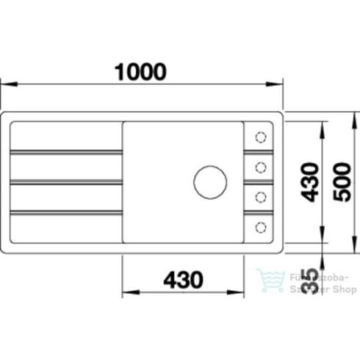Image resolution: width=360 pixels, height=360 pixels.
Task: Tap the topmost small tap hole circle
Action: (x=259, y=136)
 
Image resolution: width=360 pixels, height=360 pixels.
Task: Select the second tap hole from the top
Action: (x=259, y=166)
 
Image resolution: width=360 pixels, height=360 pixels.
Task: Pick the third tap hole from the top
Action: (x=259, y=195)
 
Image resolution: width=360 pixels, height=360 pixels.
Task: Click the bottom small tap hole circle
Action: (x=259, y=226)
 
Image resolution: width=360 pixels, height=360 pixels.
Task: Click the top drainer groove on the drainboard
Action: (x=66, y=152)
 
